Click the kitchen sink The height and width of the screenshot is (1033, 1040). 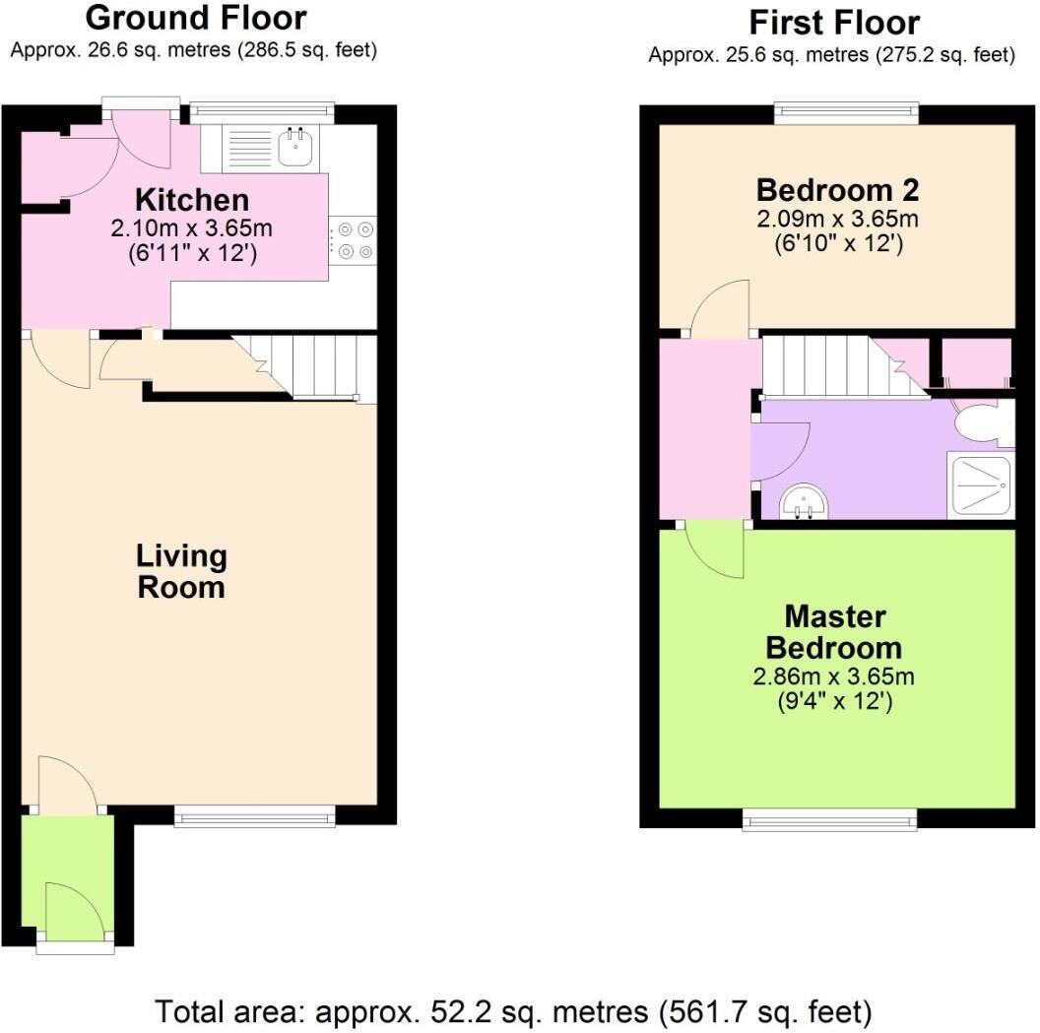[x=295, y=149]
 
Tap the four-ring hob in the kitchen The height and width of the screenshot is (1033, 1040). [x=355, y=240]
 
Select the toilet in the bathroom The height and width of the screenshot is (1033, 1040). [x=985, y=423]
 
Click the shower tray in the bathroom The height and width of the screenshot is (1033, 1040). [x=979, y=485]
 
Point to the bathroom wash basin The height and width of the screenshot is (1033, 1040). [x=805, y=502]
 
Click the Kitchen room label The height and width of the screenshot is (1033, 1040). [x=191, y=200]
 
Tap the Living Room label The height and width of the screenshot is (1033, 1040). [x=181, y=571]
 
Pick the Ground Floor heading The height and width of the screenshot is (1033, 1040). [x=195, y=18]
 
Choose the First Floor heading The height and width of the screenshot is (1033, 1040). [x=833, y=22]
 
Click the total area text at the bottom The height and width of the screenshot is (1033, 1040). [x=513, y=1010]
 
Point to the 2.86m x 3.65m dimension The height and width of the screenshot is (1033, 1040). [x=833, y=677]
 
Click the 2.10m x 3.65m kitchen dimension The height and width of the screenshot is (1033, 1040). [x=191, y=228]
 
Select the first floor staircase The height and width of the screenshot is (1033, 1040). [x=827, y=366]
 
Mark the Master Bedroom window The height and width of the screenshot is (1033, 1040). [x=829, y=819]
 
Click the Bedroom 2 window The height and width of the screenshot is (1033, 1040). [x=846, y=113]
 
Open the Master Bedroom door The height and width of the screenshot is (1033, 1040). [x=715, y=549]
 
